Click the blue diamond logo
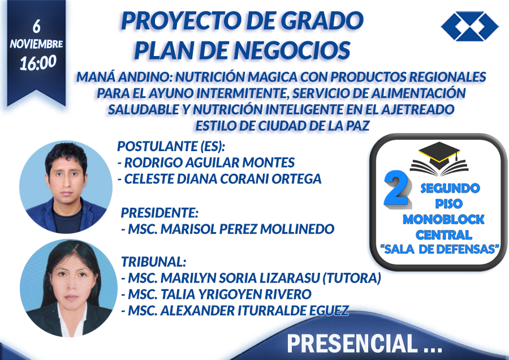(470, 26)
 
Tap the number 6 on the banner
(36, 26)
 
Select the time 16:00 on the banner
(38, 63)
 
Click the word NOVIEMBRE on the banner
(36, 44)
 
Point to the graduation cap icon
(439, 158)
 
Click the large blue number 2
(396, 188)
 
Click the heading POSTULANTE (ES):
(171, 147)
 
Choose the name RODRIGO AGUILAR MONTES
(210, 162)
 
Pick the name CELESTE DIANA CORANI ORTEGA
(223, 179)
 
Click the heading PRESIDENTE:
(159, 213)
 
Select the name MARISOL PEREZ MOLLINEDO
(247, 229)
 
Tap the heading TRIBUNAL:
(153, 262)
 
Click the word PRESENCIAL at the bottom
(352, 344)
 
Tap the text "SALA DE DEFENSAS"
(440, 249)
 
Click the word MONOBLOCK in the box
(443, 219)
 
